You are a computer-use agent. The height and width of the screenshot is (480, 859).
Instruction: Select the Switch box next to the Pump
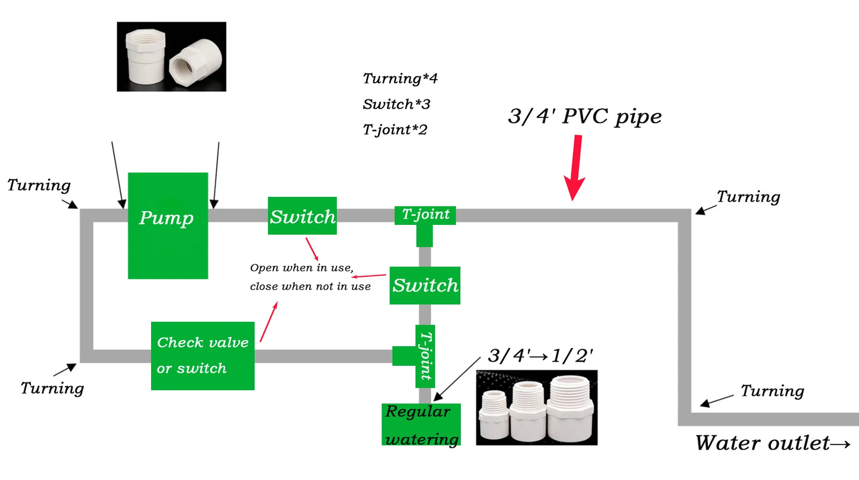click(x=302, y=216)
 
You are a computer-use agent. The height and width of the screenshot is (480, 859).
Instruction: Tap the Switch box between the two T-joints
click(x=425, y=286)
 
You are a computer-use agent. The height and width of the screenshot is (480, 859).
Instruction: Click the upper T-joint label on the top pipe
click(x=426, y=215)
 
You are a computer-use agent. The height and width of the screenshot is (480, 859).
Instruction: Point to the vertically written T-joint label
click(x=425, y=356)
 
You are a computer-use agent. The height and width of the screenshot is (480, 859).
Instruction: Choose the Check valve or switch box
click(x=203, y=356)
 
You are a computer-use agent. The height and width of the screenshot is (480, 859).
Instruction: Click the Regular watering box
click(x=421, y=425)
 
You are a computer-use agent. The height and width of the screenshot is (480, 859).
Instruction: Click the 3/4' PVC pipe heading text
click(x=584, y=116)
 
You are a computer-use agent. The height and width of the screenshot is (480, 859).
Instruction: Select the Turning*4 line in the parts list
click(x=400, y=78)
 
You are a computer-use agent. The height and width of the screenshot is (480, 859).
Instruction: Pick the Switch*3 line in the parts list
click(x=397, y=104)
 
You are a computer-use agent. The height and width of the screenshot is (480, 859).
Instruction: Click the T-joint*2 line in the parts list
click(x=395, y=129)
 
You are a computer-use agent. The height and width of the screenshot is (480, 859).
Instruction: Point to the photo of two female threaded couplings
click(x=171, y=57)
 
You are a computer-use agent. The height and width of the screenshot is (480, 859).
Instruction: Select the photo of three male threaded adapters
click(x=537, y=407)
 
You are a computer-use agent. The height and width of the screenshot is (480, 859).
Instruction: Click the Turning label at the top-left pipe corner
click(x=39, y=185)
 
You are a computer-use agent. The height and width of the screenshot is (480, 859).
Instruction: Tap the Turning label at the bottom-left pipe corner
click(x=52, y=388)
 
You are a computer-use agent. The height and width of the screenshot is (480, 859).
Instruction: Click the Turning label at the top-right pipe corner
click(x=748, y=196)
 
